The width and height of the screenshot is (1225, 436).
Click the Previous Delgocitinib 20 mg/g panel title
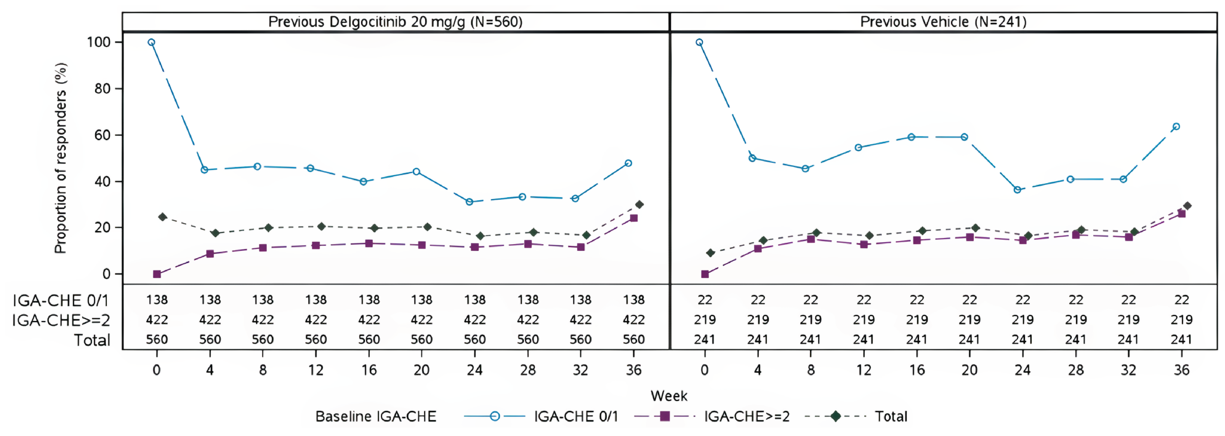[395, 22]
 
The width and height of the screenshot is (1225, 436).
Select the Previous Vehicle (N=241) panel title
[943, 22]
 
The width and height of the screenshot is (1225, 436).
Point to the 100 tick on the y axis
[98, 42]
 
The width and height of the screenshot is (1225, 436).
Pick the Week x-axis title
[669, 395]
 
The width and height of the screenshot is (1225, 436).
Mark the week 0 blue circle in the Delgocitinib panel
[151, 42]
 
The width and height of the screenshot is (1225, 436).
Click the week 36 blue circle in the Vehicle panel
[1176, 126]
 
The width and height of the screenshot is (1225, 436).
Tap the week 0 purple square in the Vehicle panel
[705, 274]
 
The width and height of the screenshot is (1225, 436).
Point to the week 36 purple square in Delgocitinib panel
[633, 218]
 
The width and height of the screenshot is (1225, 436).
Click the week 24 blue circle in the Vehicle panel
[1017, 190]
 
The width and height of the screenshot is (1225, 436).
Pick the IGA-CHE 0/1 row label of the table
[61, 300]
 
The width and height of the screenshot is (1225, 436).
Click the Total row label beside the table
[92, 340]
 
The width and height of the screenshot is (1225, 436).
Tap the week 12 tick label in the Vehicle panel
[864, 370]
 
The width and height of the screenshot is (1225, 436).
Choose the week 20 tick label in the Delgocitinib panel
[421, 370]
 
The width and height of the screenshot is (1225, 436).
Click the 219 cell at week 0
[705, 319]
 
